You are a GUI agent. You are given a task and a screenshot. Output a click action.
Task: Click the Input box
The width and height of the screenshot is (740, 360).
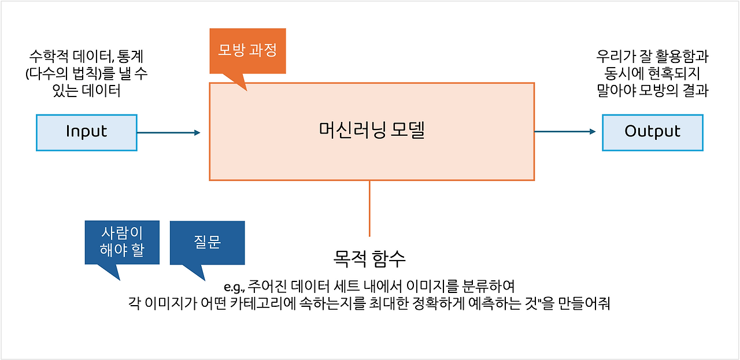(87, 132)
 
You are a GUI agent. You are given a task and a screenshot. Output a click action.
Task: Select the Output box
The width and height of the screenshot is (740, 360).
(652, 132)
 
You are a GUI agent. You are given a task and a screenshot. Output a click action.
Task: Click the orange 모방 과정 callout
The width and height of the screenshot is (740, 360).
(247, 51)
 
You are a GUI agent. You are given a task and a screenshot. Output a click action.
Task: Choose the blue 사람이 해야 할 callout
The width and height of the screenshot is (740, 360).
(121, 242)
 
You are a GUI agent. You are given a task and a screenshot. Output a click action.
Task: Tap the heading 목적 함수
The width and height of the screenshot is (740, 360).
(369, 258)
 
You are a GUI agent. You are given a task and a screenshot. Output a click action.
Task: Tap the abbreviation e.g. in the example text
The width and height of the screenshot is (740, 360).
(235, 287)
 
